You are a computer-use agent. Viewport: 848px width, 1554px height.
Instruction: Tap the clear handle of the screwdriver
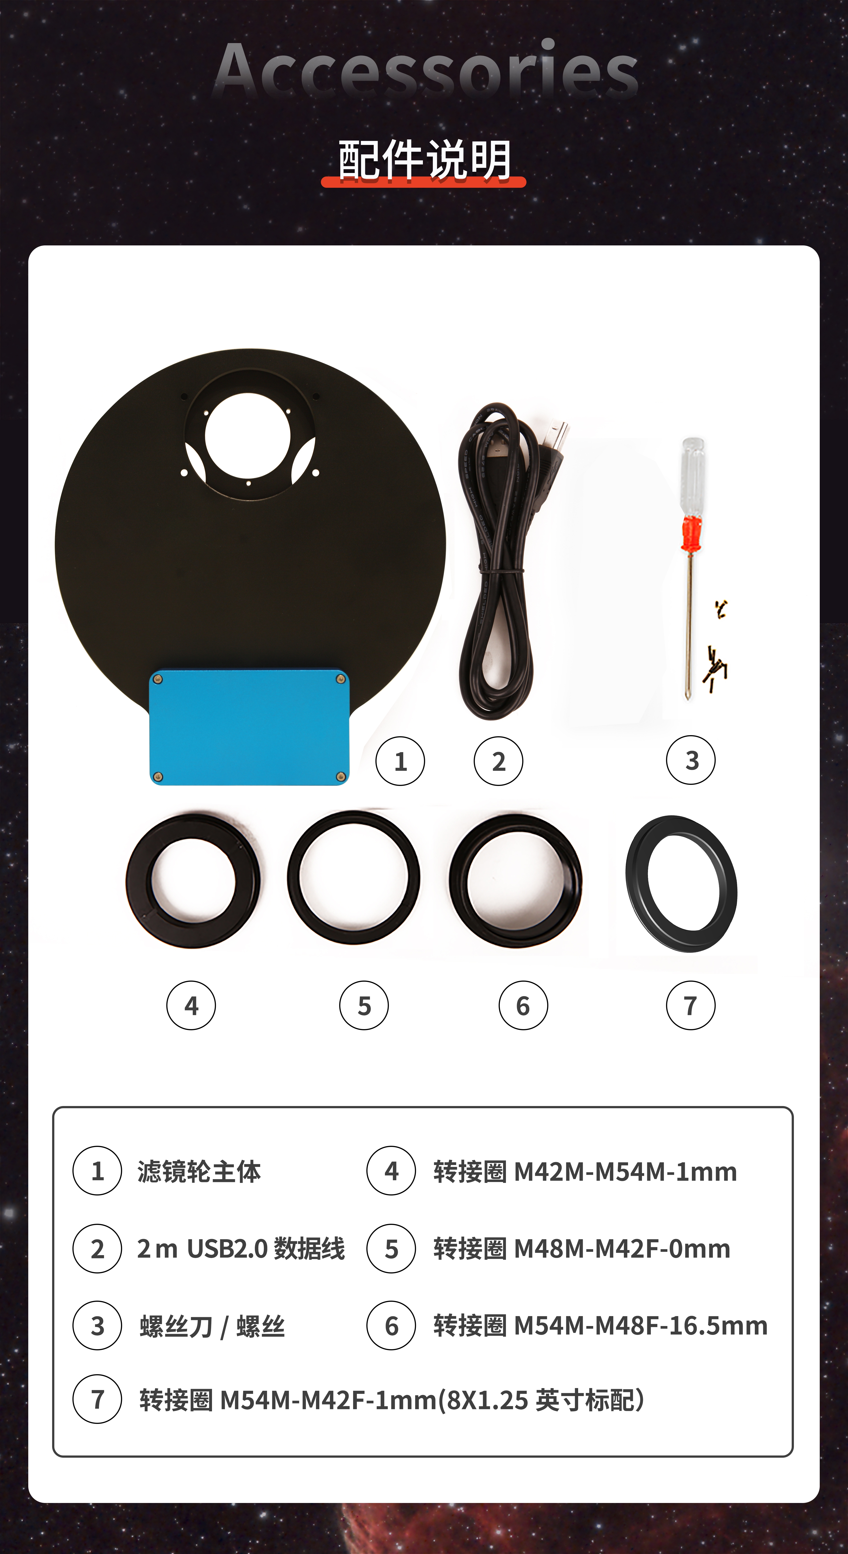(x=692, y=476)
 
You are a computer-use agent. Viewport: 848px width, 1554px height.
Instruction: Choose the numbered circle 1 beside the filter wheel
(x=400, y=761)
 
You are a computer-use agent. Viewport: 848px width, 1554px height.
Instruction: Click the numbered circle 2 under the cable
(x=498, y=761)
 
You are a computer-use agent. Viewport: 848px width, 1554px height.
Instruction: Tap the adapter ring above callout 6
(x=457, y=881)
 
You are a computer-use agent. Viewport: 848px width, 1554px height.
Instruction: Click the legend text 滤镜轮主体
(x=199, y=1172)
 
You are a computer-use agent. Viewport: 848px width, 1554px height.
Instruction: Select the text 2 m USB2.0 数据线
(x=241, y=1249)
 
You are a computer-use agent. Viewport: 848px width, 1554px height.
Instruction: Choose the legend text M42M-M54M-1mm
(x=625, y=1172)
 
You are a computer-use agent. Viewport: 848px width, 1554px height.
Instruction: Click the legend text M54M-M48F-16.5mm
(x=640, y=1326)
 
